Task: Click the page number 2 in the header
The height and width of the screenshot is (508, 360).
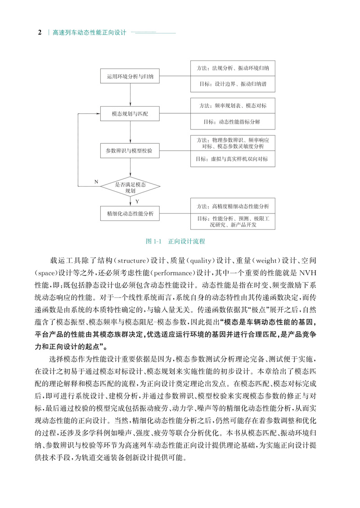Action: (40, 33)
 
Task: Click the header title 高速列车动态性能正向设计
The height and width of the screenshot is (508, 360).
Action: (89, 33)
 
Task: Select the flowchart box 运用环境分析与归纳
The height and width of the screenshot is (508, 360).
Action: (130, 77)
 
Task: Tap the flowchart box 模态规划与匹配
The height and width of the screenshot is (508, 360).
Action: (130, 114)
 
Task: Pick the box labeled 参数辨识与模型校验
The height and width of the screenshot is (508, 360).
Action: (130, 151)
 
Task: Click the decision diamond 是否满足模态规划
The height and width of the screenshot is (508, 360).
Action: (130, 187)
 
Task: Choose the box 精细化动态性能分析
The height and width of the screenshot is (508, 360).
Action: (130, 214)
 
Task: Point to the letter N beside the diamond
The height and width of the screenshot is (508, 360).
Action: (96, 181)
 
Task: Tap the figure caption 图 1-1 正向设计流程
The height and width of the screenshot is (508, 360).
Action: (176, 241)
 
